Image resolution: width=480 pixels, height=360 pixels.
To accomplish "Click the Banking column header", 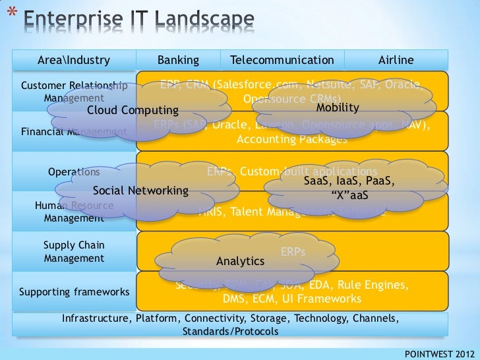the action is (x=178, y=61).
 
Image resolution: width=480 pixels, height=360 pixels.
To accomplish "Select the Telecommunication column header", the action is (x=282, y=61).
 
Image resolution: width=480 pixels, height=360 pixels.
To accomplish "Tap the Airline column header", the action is (x=396, y=61).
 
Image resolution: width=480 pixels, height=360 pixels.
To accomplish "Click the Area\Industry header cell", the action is (x=74, y=61).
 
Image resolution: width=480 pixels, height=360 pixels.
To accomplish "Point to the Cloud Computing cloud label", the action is (x=133, y=109).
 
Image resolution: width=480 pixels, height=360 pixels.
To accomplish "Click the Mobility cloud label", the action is (x=338, y=107).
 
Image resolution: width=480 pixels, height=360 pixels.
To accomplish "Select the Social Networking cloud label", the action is (x=140, y=191).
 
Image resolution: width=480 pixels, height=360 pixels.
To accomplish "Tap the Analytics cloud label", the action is (x=240, y=261).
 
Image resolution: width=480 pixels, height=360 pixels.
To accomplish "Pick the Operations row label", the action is (x=74, y=172).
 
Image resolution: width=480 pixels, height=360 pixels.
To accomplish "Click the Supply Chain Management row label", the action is (x=74, y=252).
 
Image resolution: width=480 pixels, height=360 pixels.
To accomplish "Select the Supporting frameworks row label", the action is (x=74, y=291).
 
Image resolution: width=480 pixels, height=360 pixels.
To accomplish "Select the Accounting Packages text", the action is (x=291, y=140).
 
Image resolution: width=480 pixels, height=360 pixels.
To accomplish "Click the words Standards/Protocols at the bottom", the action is (x=230, y=331).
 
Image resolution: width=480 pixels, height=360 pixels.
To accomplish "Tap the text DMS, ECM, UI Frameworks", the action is (x=292, y=299).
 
